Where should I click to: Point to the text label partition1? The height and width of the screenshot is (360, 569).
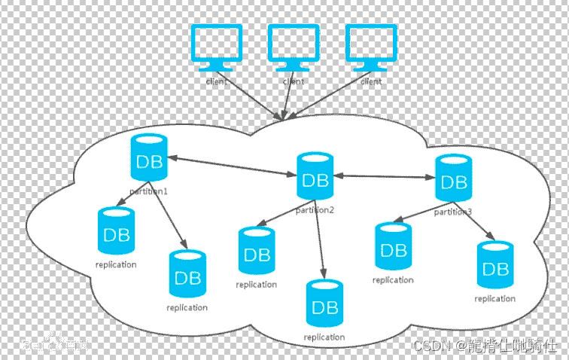[148, 191]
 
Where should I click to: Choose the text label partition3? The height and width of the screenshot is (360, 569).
[453, 212]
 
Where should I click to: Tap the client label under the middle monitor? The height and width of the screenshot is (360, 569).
[294, 81]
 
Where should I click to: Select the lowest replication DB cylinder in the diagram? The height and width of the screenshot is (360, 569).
[324, 304]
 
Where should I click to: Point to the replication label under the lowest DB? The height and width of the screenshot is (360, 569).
[324, 337]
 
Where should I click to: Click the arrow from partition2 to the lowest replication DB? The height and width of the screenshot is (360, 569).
[321, 245]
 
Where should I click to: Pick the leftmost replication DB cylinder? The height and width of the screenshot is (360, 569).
[117, 231]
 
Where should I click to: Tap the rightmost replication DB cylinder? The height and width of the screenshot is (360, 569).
[495, 266]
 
